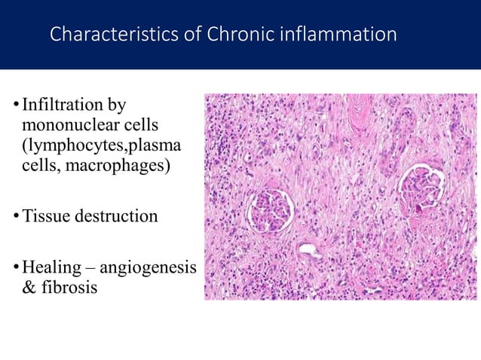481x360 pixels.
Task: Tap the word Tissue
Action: (44, 217)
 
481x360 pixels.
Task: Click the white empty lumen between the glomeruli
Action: (309, 250)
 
